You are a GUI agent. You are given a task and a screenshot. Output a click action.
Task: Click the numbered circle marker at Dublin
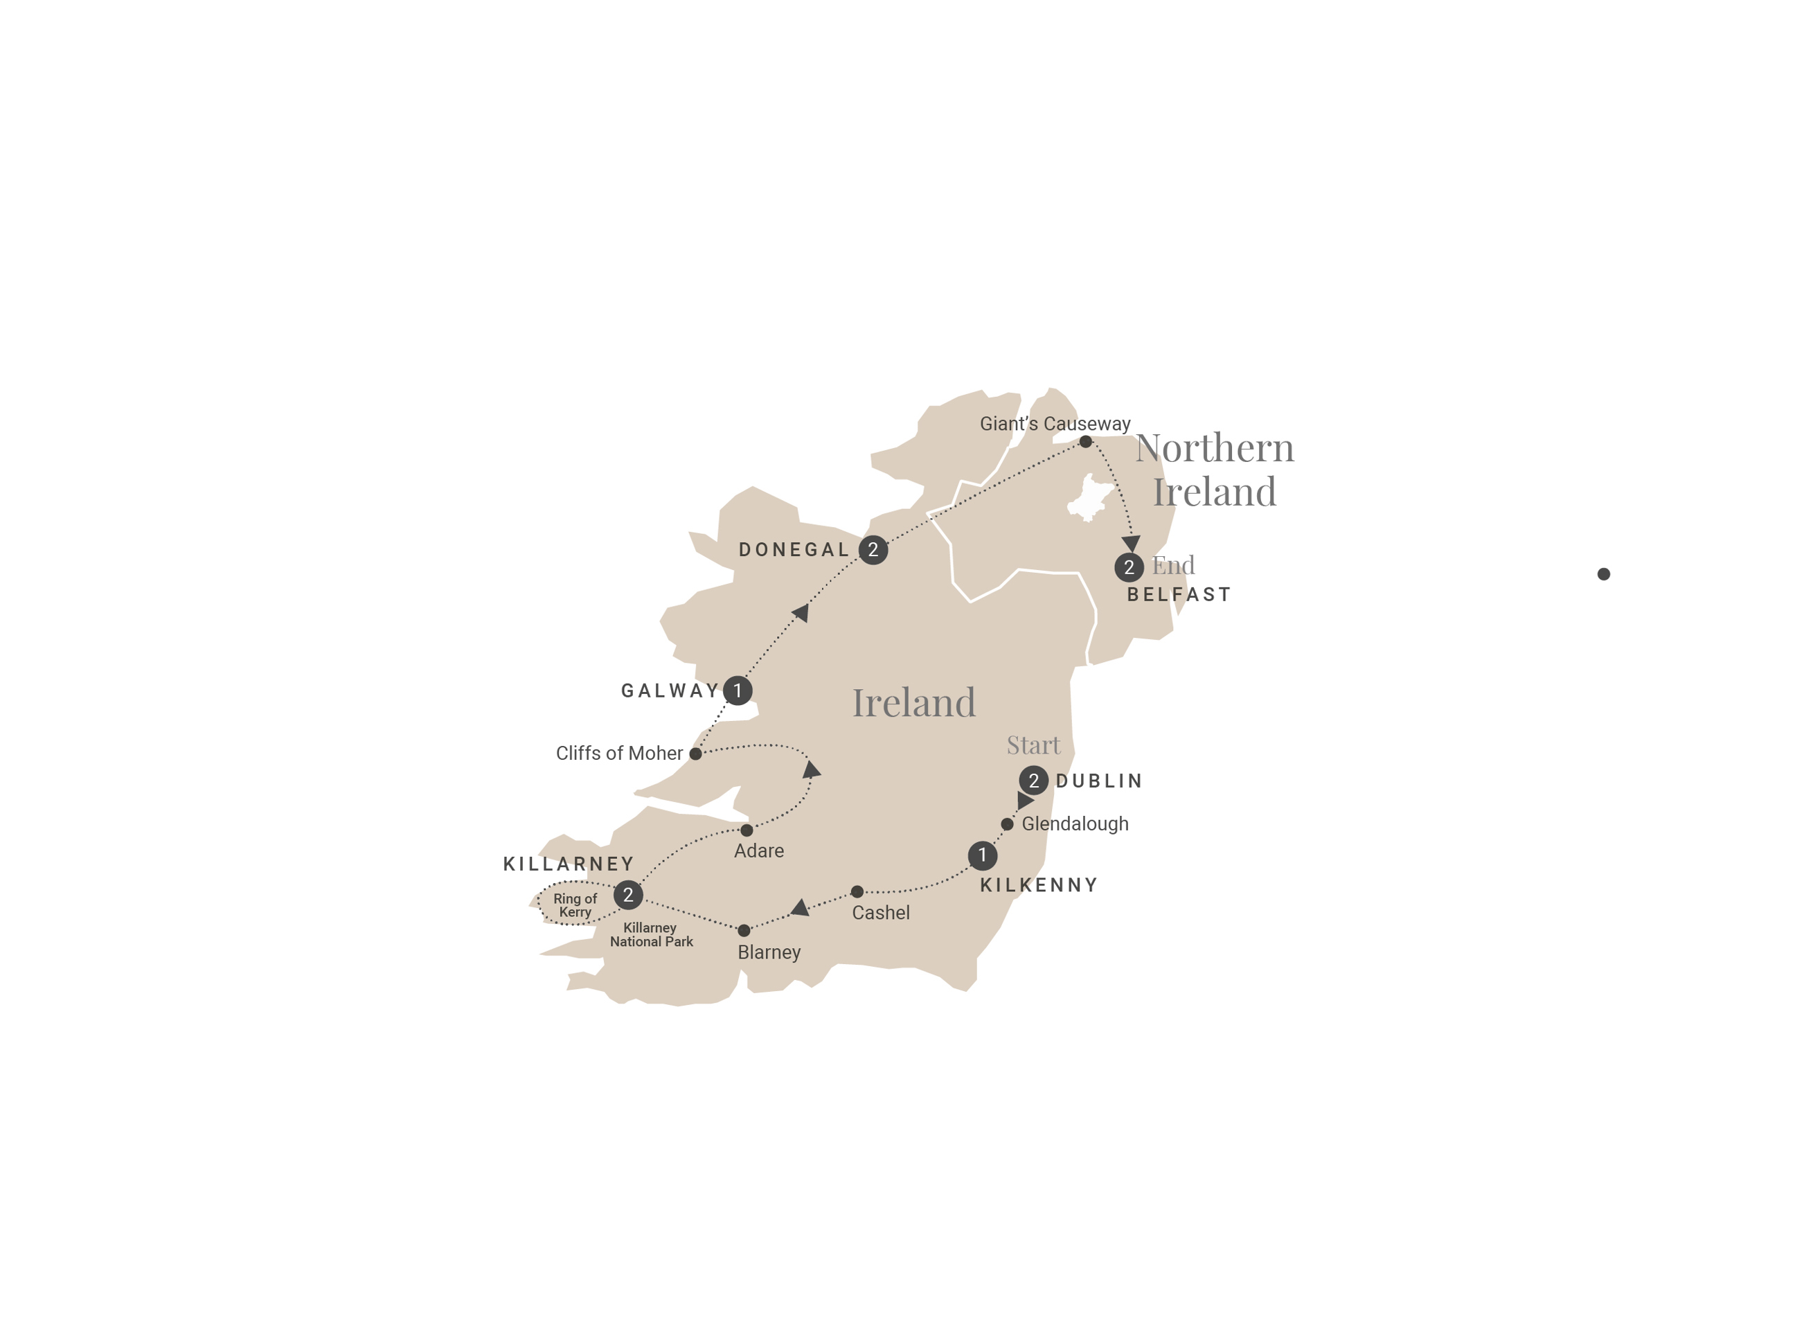(x=1033, y=781)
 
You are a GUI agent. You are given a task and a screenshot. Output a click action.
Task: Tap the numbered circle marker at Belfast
(x=1129, y=567)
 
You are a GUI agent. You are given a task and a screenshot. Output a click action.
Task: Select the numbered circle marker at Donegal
(x=873, y=550)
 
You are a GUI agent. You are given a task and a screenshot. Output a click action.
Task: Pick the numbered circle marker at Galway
(x=737, y=690)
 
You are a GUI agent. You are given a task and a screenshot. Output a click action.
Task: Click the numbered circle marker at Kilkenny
(x=982, y=855)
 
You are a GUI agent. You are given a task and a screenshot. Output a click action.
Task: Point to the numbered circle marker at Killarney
(x=628, y=895)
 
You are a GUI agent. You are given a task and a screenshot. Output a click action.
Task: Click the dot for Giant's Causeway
(x=1085, y=441)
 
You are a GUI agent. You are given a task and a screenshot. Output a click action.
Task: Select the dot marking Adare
(x=747, y=830)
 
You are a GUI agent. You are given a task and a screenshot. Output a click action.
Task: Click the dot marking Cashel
(x=857, y=891)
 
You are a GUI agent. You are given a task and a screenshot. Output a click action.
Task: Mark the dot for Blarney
(x=744, y=930)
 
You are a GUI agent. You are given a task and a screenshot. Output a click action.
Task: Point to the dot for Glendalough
(x=1007, y=824)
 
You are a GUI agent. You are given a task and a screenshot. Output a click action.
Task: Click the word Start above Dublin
(x=1033, y=745)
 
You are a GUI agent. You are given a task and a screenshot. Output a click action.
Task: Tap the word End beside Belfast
(x=1172, y=566)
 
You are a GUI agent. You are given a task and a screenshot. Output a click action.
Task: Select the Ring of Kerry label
(x=574, y=905)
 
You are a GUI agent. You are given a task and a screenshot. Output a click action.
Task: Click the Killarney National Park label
(x=651, y=934)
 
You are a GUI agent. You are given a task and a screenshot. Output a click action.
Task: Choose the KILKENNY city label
(x=1039, y=884)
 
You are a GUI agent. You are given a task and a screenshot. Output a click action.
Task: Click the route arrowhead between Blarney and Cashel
(x=799, y=908)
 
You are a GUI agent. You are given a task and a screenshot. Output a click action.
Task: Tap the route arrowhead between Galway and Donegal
(x=801, y=612)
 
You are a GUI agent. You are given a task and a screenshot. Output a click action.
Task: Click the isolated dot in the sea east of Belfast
(x=1604, y=573)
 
